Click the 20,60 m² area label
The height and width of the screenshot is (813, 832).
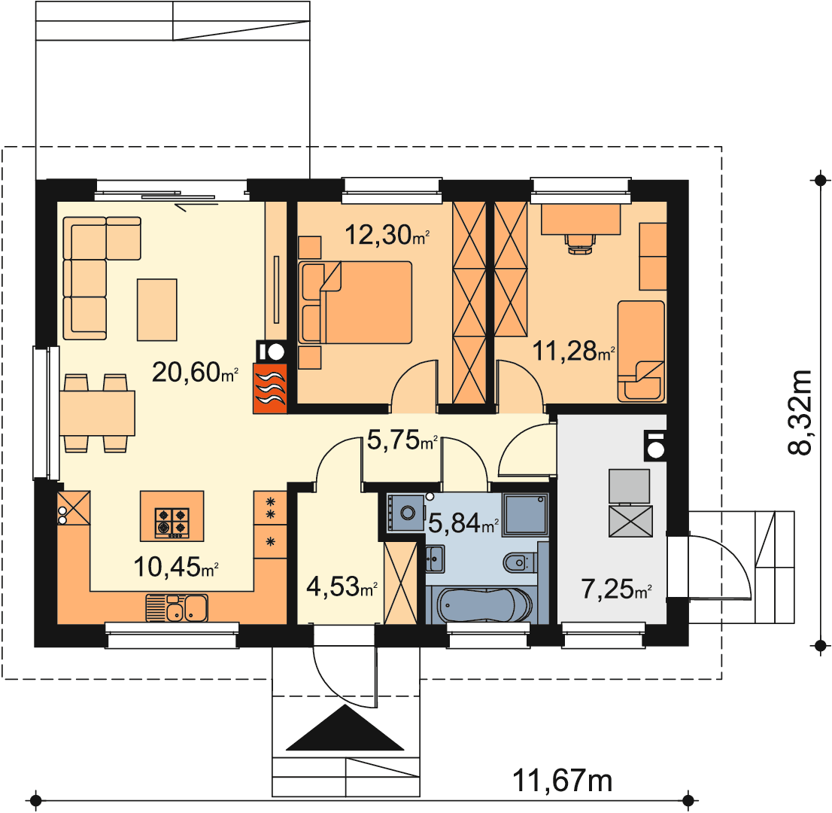195,372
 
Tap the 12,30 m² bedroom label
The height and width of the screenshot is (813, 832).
387,234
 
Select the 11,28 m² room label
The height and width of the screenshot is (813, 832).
573,351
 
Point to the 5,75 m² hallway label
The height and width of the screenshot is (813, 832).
402,440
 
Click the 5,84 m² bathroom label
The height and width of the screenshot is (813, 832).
463,523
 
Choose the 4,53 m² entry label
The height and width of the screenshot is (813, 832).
342,586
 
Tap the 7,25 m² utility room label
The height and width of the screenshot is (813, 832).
616,589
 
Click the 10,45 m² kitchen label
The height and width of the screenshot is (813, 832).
175,567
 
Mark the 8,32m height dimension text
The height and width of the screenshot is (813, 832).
800,412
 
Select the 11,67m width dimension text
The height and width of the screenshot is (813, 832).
562,781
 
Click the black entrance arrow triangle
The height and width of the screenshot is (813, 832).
345,727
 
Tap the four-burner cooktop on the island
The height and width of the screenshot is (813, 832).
172,523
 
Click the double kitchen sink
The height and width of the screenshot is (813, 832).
178,608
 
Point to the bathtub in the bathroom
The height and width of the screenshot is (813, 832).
484,605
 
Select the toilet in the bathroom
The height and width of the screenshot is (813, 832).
520,562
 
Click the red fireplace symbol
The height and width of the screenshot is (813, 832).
270,388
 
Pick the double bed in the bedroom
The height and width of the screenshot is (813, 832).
355,302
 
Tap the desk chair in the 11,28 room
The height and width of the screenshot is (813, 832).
581,243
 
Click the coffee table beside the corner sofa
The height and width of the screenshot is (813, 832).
157,309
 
